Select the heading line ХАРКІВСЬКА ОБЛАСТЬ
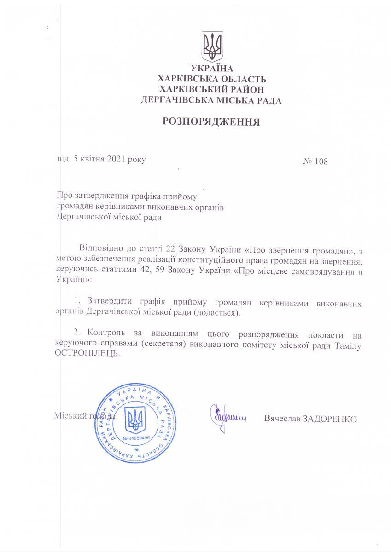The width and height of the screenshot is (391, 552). (212, 80)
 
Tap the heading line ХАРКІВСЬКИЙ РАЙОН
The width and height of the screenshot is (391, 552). (212, 89)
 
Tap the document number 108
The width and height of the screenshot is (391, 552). (321, 161)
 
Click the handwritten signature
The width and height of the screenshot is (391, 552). (227, 417)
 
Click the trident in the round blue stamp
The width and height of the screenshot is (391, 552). (135, 420)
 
